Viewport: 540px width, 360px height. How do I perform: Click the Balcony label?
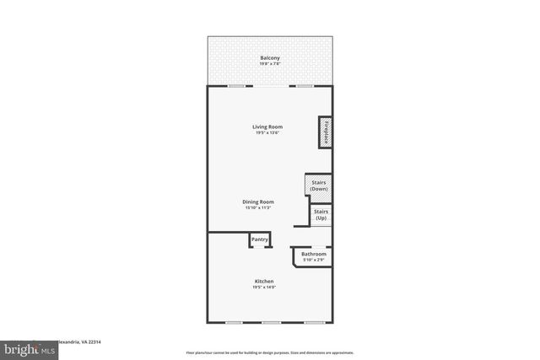click(269, 57)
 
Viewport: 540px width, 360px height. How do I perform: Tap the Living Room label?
click(267, 126)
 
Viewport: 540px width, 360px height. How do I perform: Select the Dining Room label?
click(259, 201)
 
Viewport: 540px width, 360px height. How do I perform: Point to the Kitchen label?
click(264, 281)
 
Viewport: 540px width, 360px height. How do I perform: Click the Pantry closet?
click(260, 240)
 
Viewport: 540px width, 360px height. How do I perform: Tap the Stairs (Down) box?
click(318, 185)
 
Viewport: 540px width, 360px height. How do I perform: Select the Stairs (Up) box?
click(321, 215)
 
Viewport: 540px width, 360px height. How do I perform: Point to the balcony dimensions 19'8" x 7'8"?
click(269, 64)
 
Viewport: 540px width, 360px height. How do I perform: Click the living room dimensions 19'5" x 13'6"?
click(267, 133)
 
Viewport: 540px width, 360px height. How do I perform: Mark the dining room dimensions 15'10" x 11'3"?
click(259, 208)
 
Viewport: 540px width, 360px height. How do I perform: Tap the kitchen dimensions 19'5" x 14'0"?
click(264, 287)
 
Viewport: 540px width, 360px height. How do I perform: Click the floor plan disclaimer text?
click(269, 352)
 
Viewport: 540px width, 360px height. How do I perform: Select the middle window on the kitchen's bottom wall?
click(270, 322)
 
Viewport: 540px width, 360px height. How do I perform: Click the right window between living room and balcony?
click(302, 85)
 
